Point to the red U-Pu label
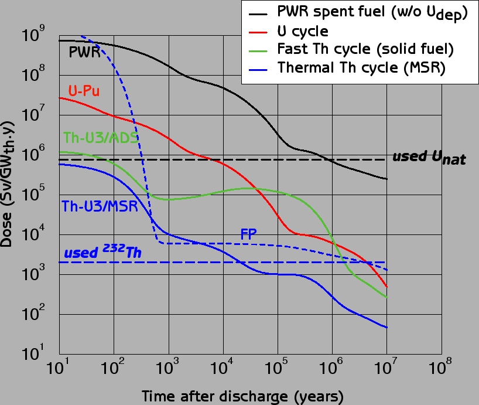pyautogui.click(x=83, y=91)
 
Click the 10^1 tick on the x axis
pyautogui.click(x=60, y=369)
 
